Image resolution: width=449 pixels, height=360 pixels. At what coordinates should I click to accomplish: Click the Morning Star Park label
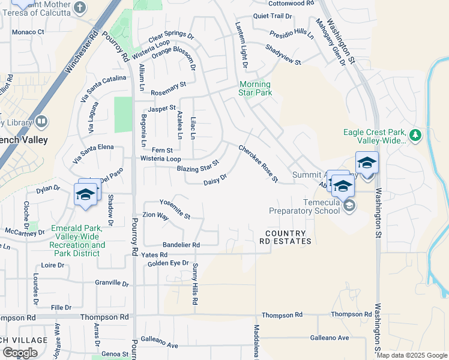(255, 88)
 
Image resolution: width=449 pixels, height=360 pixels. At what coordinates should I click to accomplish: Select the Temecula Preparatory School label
(304, 206)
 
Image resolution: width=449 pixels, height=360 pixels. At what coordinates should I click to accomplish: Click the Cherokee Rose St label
(259, 163)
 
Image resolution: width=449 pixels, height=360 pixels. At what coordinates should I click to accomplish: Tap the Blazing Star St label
(199, 166)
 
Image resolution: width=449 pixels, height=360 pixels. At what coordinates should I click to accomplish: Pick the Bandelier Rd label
(181, 245)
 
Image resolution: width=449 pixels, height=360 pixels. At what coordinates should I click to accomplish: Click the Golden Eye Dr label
(167, 263)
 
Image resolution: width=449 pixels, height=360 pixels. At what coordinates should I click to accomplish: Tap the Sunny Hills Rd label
(194, 285)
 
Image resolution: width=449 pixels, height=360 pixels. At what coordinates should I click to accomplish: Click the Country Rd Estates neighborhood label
(286, 237)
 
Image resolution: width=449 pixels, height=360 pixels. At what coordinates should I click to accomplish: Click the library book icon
(41, 122)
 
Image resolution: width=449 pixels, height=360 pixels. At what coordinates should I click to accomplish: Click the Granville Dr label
(112, 283)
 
